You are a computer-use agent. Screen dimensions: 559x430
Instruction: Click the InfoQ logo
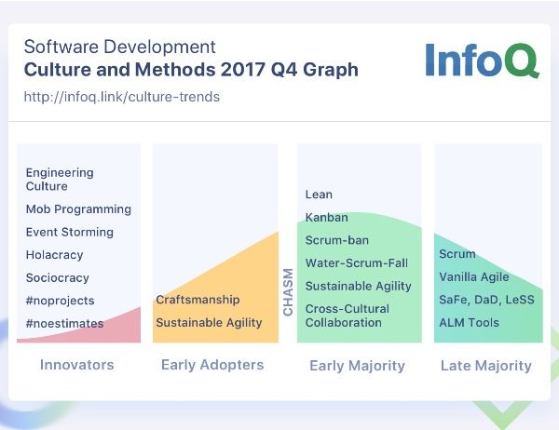click(483, 60)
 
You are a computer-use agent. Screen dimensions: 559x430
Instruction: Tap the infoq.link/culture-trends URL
click(121, 97)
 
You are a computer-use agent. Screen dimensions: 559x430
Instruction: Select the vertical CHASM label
click(288, 292)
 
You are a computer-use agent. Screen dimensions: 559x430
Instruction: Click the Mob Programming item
click(78, 209)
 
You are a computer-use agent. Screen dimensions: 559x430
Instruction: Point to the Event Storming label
click(70, 232)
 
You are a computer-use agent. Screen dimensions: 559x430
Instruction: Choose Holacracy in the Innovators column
click(55, 255)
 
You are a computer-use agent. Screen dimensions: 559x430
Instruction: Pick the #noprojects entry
click(60, 301)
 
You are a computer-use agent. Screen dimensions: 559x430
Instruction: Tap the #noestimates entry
click(64, 324)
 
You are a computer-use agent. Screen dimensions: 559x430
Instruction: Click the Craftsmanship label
click(198, 300)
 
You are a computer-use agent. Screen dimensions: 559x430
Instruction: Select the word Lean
click(319, 195)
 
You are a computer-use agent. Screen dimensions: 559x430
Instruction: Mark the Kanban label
click(327, 217)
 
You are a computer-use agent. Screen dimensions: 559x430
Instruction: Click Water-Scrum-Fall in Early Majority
click(357, 262)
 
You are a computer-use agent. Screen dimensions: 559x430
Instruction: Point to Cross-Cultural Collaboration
click(348, 316)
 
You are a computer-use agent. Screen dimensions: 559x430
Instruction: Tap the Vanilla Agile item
click(474, 277)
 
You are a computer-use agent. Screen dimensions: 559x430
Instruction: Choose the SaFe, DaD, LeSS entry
click(486, 300)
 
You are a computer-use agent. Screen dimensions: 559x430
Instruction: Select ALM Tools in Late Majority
click(469, 323)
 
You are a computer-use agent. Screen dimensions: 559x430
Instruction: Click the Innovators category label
click(77, 365)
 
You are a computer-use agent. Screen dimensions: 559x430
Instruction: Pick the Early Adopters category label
click(212, 365)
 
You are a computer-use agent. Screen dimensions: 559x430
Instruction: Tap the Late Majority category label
click(486, 366)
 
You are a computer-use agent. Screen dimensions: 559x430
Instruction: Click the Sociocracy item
click(58, 278)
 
